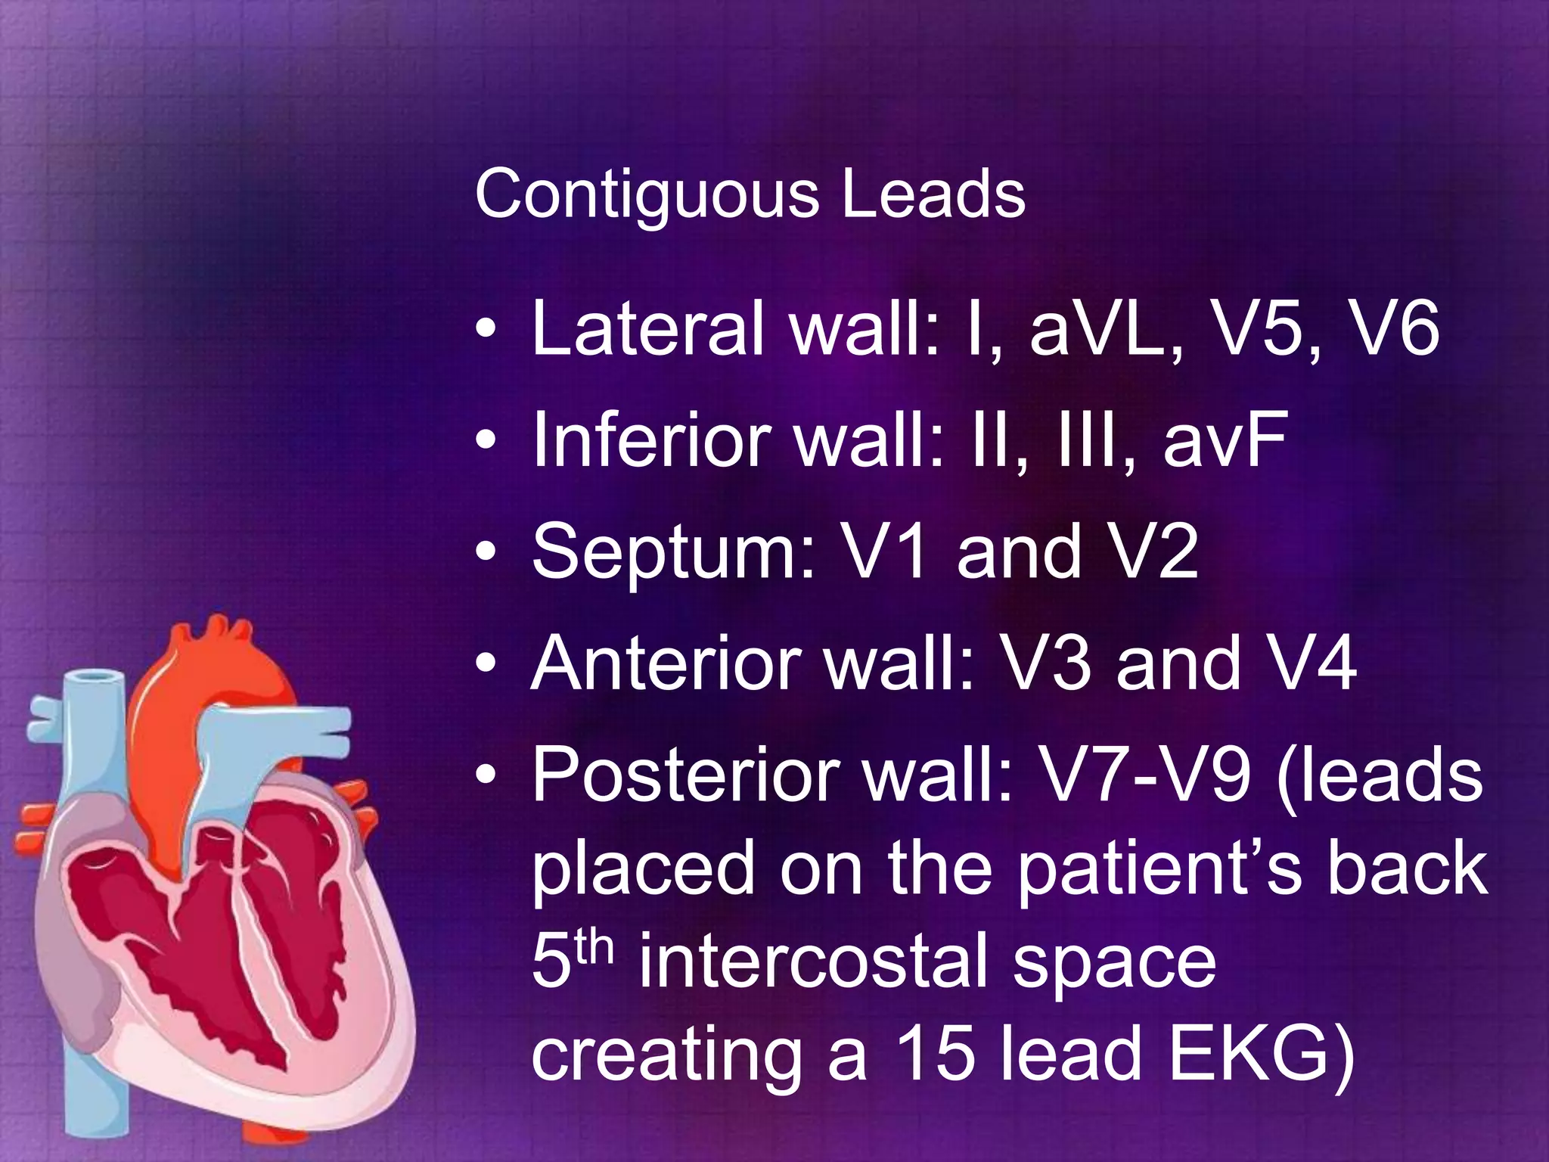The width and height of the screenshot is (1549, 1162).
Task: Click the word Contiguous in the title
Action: click(647, 195)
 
